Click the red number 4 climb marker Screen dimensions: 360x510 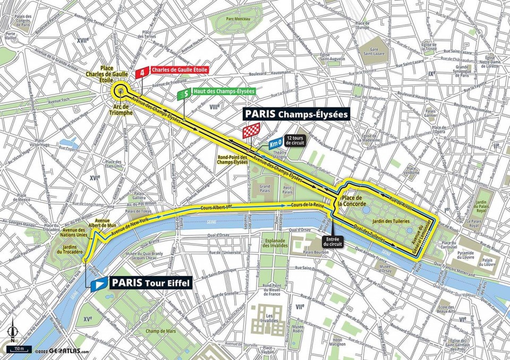point(142,73)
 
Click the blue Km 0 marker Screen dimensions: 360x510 point(275,143)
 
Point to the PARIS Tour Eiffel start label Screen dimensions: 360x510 point(150,284)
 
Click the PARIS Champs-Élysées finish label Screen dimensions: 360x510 point(295,114)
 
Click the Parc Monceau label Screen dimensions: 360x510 point(238,22)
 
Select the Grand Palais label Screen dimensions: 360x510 point(265,188)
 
